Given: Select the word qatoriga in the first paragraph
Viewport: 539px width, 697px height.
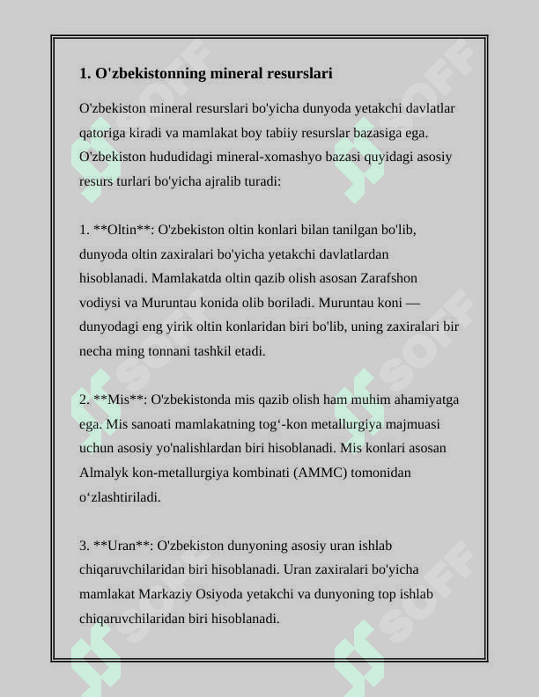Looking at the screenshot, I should click(x=102, y=133).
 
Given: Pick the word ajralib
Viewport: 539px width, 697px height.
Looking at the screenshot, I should click(x=225, y=181).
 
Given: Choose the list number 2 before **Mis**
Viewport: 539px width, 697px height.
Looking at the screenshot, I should click(x=84, y=400).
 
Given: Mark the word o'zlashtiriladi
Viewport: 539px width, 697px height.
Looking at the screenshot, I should click(x=120, y=496).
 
